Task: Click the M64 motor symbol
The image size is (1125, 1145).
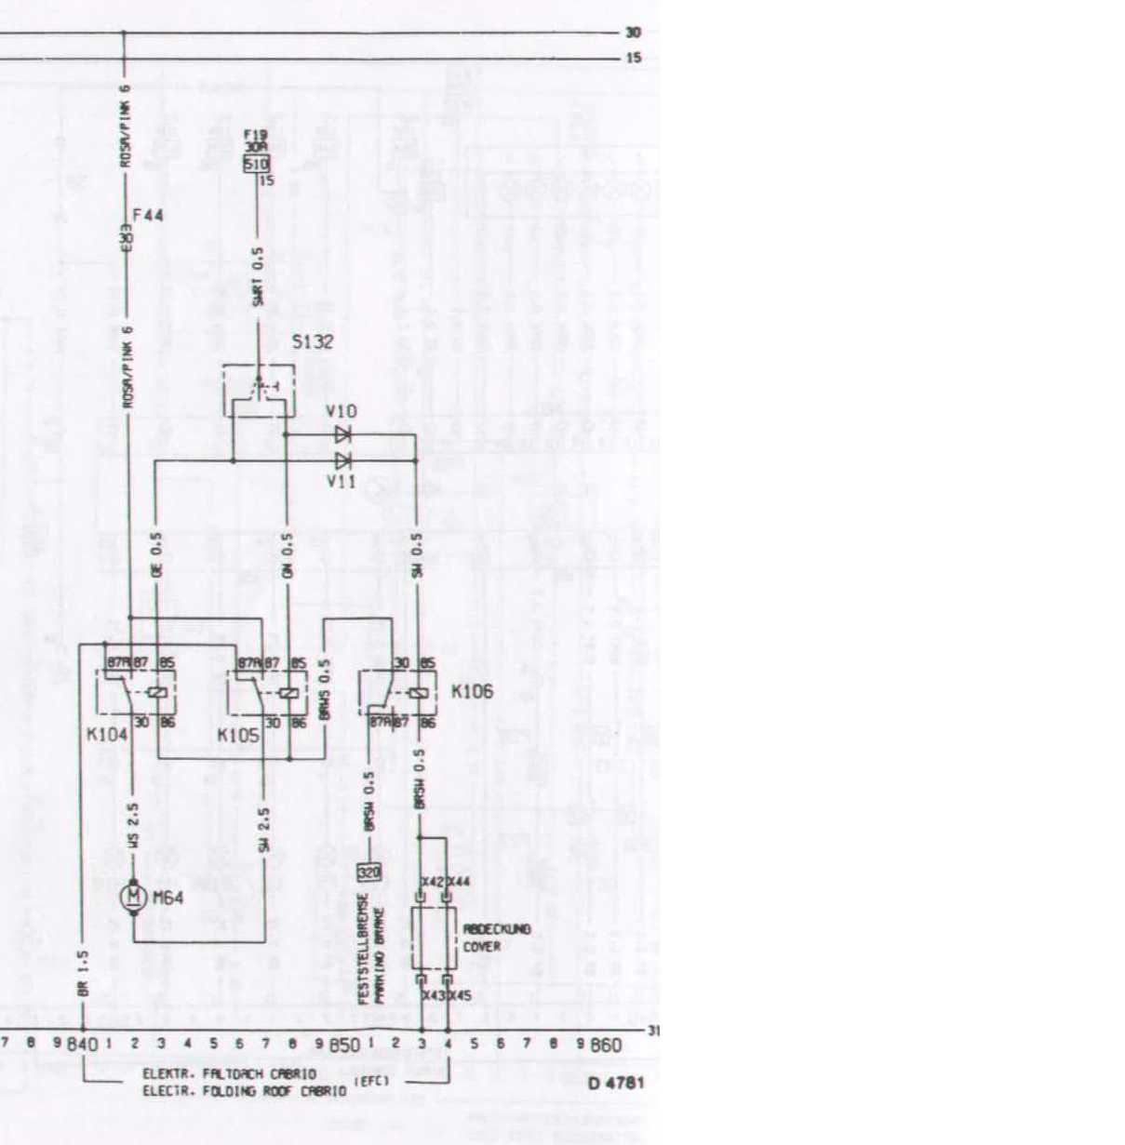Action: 134,897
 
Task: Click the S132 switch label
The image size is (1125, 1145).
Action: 313,342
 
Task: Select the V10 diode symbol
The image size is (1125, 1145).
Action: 342,434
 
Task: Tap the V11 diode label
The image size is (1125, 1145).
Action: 342,481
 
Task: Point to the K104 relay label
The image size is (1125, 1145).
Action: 107,735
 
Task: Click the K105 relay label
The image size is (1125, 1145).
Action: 238,736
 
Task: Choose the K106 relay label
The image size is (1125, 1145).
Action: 472,692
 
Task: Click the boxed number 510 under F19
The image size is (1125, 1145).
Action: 256,165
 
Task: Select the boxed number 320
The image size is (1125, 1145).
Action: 369,872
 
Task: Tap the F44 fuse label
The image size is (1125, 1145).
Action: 149,216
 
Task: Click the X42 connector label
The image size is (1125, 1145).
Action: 432,881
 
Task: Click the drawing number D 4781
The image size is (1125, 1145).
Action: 616,1083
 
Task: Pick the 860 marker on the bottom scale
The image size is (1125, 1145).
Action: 606,1045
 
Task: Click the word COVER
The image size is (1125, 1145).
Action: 482,946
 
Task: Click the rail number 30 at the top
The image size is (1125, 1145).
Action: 634,33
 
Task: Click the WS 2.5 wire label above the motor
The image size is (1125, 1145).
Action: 134,826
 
